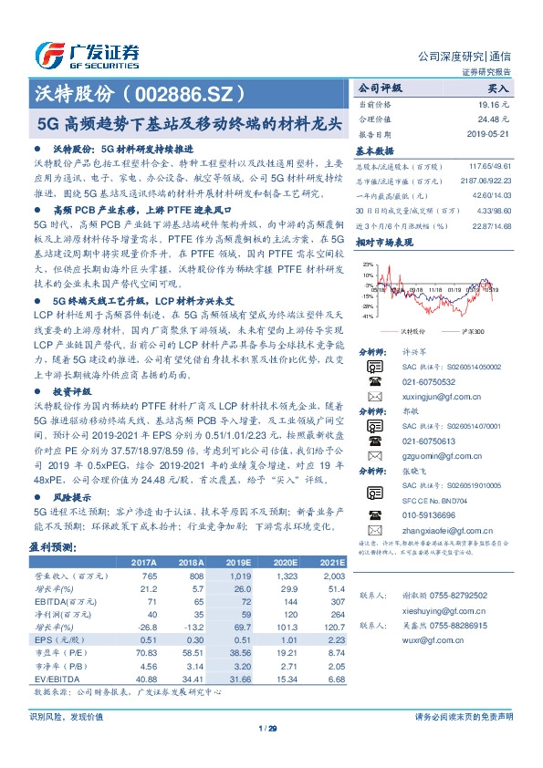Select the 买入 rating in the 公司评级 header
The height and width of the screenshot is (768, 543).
pos(497,89)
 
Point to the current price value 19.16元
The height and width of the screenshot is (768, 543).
pos(491,105)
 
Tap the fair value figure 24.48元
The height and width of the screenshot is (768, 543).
pos(491,119)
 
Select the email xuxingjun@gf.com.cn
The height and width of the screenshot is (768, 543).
pos(433,398)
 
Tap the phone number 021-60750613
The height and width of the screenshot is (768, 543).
pos(423,441)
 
